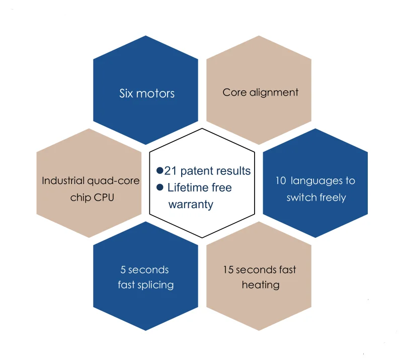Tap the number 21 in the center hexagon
(171, 171)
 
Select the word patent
(196, 171)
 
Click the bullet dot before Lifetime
(160, 187)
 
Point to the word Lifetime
(189, 188)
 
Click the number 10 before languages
(281, 181)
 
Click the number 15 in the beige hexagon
(228, 270)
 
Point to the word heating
(260, 285)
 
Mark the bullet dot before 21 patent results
(160, 170)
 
